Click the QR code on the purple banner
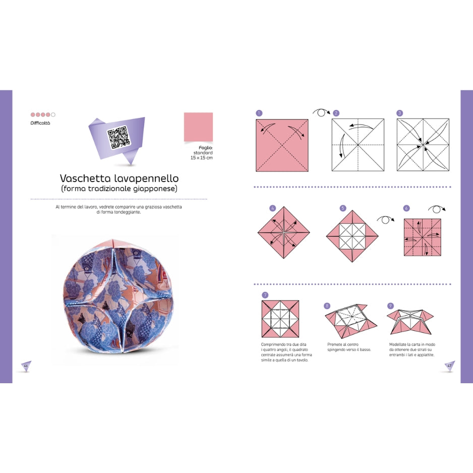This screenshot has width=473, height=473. pyautogui.click(x=119, y=138)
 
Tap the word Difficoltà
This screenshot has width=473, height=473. pyautogui.click(x=40, y=123)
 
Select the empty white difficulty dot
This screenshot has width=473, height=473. pyautogui.click(x=53, y=114)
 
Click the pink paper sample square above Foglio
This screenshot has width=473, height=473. pyautogui.click(x=198, y=127)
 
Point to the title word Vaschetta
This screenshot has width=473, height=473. pyautogui.click(x=85, y=179)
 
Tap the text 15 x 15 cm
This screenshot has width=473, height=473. pyautogui.click(x=201, y=158)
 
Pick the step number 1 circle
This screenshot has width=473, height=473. pyautogui.click(x=259, y=113)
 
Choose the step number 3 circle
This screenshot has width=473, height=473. pyautogui.click(x=399, y=113)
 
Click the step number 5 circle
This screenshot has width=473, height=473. pyautogui.click(x=343, y=208)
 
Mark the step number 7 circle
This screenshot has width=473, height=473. pyautogui.click(x=265, y=295)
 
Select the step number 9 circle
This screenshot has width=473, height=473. pyautogui.click(x=390, y=306)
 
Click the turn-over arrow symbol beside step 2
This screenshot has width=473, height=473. pyautogui.click(x=321, y=112)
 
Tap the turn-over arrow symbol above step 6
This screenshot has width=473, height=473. pyautogui.click(x=437, y=209)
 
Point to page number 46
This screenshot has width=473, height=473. pyautogui.click(x=26, y=366)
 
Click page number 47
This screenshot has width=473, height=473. pyautogui.click(x=449, y=366)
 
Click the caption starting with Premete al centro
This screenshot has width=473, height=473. pyautogui.click(x=349, y=347)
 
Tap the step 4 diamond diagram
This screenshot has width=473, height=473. pyautogui.click(x=283, y=232)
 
